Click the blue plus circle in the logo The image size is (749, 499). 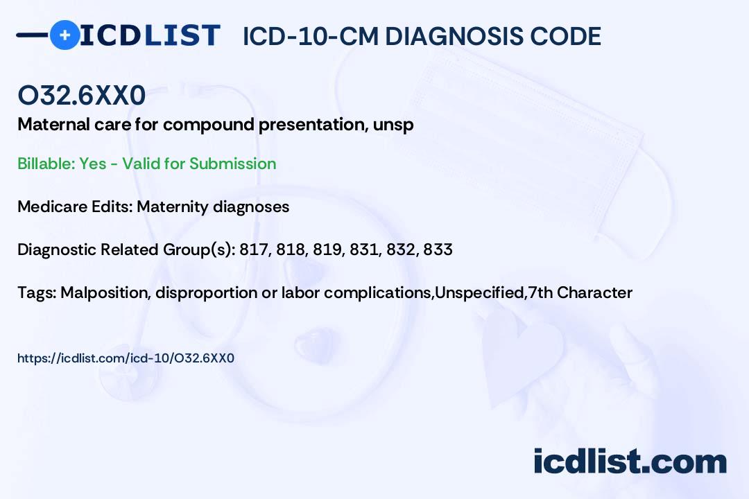click(64, 35)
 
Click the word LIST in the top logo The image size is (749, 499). click(182, 35)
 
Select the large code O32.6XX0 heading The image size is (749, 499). click(82, 95)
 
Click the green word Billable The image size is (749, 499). click(46, 164)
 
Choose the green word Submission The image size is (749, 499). click(232, 164)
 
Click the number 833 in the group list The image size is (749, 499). click(438, 249)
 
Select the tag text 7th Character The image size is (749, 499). click(580, 292)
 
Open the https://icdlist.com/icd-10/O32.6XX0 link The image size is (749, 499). click(126, 358)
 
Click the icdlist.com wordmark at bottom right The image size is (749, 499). click(630, 461)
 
